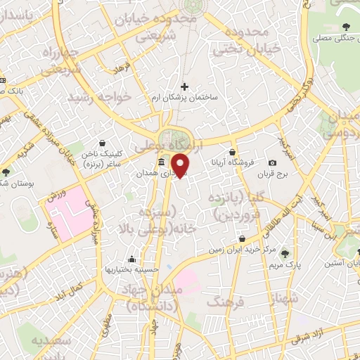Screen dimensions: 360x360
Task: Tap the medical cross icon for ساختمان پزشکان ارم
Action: (x=184, y=86)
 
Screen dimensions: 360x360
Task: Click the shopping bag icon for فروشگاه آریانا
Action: (x=233, y=152)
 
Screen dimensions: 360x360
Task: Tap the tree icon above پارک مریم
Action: (x=284, y=255)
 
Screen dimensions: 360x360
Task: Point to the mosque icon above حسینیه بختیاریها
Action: (x=131, y=258)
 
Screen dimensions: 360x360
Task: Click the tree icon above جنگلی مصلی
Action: (x=346, y=27)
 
